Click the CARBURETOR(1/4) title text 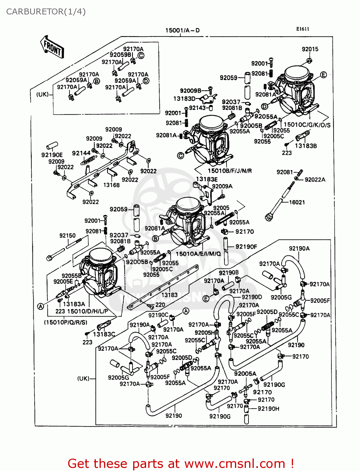[x=46, y=12]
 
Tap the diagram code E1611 [x=303, y=29]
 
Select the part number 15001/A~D [x=183, y=30]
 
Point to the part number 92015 [x=310, y=49]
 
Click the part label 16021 [x=297, y=203]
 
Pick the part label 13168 [x=112, y=185]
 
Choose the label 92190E [x=52, y=155]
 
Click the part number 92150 [x=68, y=235]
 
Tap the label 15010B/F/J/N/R [x=230, y=171]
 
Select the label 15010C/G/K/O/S [x=307, y=125]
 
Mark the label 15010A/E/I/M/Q [x=198, y=254]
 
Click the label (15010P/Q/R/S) [x=66, y=322]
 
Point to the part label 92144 [x=81, y=153]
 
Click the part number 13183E [x=207, y=179]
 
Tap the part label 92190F [x=246, y=247]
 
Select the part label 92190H [x=268, y=409]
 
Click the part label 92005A [x=245, y=374]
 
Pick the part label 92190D [x=252, y=297]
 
